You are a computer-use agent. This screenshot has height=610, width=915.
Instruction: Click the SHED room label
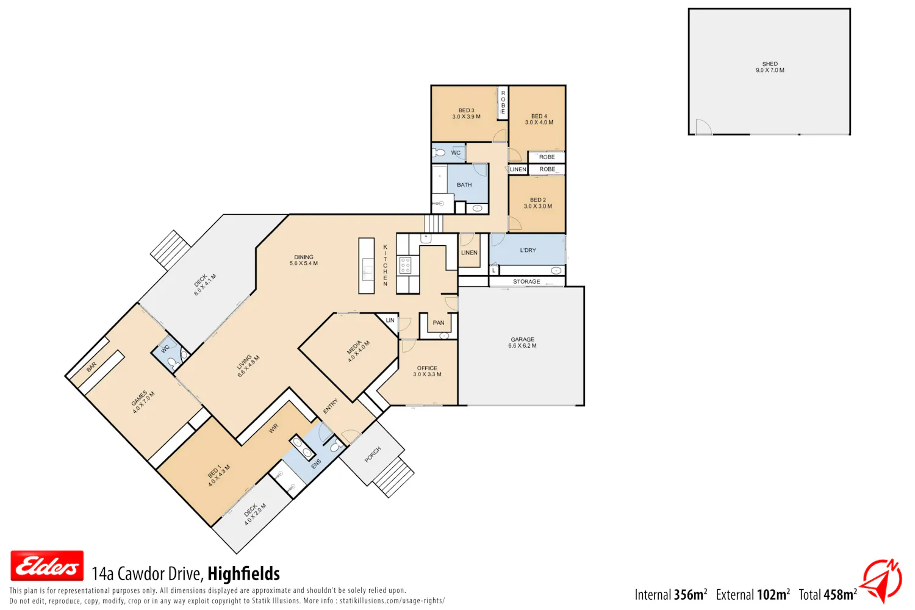(770, 67)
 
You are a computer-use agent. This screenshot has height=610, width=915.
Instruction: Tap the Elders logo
(47, 565)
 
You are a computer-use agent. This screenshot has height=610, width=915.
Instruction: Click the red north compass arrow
(883, 580)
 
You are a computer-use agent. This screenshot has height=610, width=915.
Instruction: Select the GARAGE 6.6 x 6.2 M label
(522, 342)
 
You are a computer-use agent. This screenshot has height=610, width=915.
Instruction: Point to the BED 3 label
(466, 113)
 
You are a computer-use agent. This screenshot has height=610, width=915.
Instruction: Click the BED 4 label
(539, 119)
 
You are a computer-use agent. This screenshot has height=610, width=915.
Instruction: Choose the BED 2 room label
(537, 203)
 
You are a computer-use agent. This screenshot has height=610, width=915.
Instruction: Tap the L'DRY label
(528, 250)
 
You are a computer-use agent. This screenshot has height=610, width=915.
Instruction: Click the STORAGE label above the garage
(526, 281)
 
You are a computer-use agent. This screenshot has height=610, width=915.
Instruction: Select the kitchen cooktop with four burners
(405, 265)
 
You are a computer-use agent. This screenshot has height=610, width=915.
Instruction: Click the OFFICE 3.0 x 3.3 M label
(427, 371)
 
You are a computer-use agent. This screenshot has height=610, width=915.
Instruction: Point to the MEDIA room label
(358, 351)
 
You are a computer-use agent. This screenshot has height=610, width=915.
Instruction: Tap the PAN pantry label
(439, 323)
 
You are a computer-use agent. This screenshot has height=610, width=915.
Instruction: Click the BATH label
(464, 185)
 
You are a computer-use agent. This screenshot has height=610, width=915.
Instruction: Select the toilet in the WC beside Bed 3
(439, 153)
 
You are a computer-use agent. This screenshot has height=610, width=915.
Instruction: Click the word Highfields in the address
(243, 573)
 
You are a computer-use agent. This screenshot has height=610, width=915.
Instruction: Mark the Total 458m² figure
(828, 595)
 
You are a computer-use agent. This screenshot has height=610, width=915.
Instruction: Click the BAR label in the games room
(91, 367)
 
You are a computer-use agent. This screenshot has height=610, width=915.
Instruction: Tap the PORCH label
(373, 454)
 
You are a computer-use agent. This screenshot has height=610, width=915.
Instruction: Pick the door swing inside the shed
(703, 126)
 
